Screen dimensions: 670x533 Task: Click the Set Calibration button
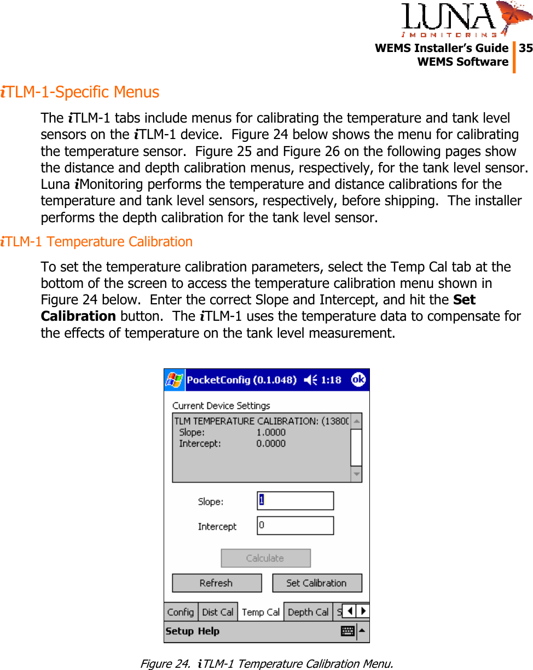coord(317,583)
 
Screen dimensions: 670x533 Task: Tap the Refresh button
coord(216,583)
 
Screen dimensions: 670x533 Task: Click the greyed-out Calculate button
coord(265,558)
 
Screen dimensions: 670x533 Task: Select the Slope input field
coord(295,501)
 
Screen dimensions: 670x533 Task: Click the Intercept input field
coord(295,525)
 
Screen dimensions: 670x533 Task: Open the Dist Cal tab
coord(217,612)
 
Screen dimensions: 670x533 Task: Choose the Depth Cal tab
coord(308,612)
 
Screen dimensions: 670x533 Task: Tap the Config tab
coord(181,612)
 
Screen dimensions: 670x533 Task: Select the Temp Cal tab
coord(260,612)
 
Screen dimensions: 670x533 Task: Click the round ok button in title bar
coord(358,379)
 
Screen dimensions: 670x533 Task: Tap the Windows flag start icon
coord(175,379)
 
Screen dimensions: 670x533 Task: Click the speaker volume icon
coord(310,380)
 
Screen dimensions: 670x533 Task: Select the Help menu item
coord(208,631)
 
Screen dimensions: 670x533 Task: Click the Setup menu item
coord(179,631)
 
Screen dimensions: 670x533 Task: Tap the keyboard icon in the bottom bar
coord(347,631)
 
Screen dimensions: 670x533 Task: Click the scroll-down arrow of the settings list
coord(356,474)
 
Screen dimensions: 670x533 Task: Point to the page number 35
coord(525,48)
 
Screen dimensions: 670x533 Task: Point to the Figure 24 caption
coord(266,663)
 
